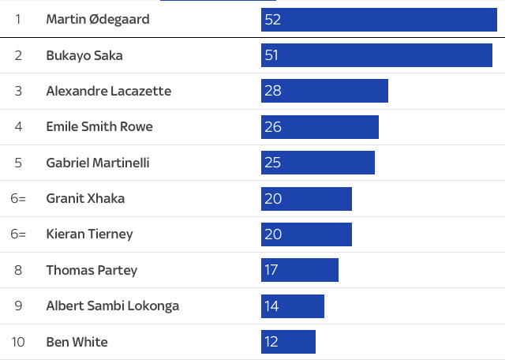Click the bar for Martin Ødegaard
coord(379,19)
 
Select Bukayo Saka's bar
coord(376,55)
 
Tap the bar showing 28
coord(324,91)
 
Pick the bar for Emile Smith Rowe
coord(320,127)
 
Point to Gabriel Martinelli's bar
coord(318,163)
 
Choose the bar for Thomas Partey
coord(300,270)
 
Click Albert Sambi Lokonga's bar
coord(293,306)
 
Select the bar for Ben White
coord(288,342)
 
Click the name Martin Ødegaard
coord(98,19)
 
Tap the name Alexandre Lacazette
coord(109,91)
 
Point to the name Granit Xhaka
coord(85,198)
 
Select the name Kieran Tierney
coord(89,234)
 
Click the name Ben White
coord(77,342)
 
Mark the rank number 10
coord(18,342)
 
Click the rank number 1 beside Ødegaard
coord(18,19)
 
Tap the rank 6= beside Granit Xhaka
coord(18,198)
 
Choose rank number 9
coord(18,306)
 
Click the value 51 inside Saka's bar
coord(272,55)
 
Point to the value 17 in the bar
coord(271,270)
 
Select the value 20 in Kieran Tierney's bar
coord(273,234)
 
